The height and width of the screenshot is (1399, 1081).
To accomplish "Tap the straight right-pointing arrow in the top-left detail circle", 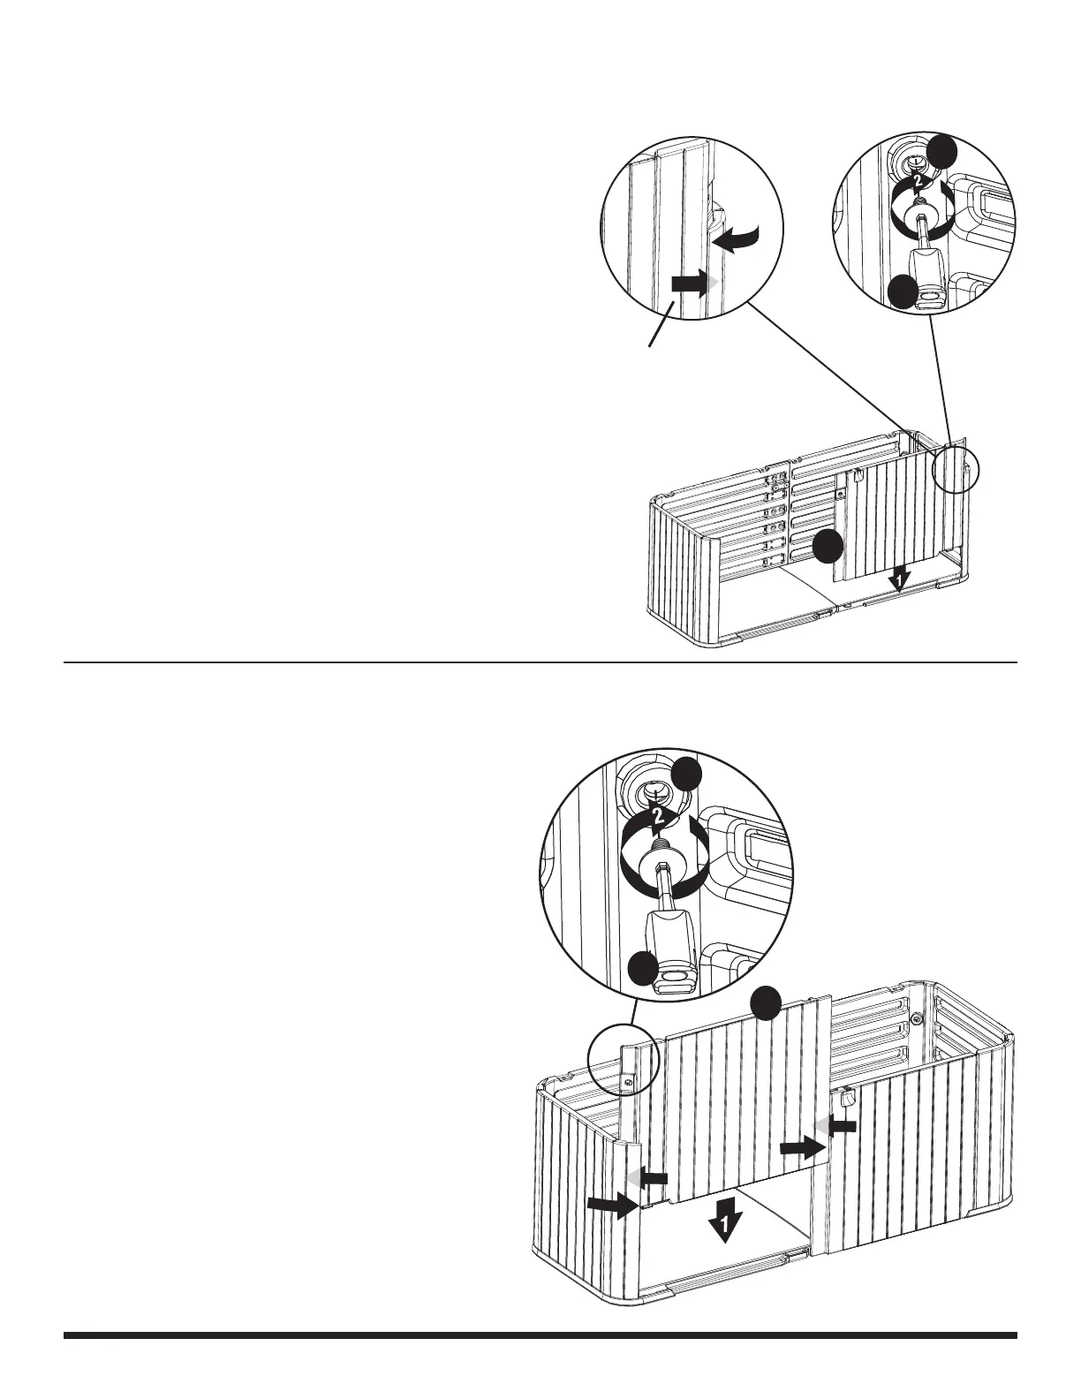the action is point(692,284).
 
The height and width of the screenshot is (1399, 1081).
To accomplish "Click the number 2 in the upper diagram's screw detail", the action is point(918,182).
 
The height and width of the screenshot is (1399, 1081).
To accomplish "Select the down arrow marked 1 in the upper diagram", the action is point(897,579).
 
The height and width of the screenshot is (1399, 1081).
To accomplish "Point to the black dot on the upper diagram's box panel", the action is point(828,548).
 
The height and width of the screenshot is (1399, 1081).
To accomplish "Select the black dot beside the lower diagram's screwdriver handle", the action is point(645,972).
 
